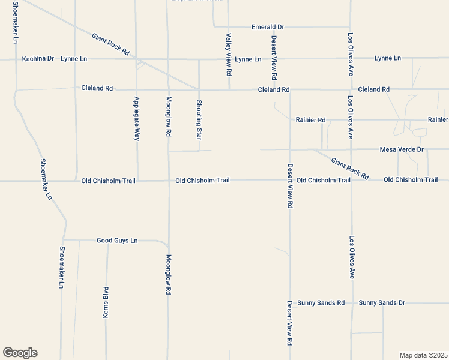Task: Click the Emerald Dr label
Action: [268, 27]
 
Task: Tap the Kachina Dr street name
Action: [38, 59]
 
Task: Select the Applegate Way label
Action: [136, 118]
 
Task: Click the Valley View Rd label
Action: [229, 55]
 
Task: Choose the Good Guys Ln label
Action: [117, 241]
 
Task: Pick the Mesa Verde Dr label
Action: [402, 149]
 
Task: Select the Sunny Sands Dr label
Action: [382, 303]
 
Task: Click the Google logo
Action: [20, 353]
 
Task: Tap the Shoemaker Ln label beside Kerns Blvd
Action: [61, 267]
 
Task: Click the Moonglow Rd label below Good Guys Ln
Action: [169, 274]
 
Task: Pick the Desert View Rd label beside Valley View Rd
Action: [274, 58]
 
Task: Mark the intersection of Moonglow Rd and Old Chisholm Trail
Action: [169, 180]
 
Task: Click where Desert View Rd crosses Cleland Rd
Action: [290, 89]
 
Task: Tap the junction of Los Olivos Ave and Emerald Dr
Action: [350, 27]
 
